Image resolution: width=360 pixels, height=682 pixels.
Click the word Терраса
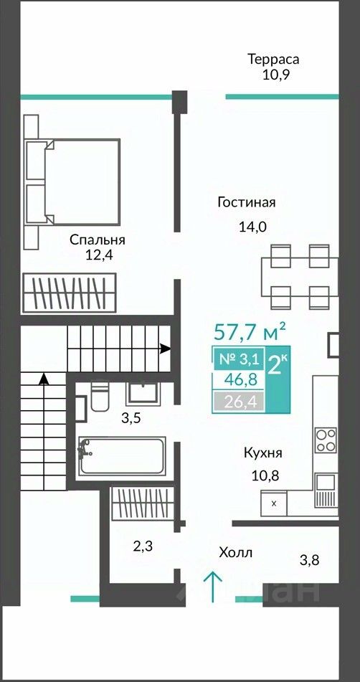(x=273, y=59)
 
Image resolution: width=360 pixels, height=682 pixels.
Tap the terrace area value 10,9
(x=275, y=75)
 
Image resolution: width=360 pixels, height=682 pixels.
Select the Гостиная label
(x=247, y=203)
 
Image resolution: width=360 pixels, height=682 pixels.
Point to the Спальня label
(x=98, y=240)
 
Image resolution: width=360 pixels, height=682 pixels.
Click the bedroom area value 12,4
(x=99, y=255)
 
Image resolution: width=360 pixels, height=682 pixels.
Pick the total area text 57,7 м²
(x=250, y=332)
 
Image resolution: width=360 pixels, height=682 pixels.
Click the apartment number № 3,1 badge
(x=238, y=359)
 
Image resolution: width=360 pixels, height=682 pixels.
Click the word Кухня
(x=263, y=453)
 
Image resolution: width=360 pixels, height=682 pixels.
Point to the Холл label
(x=236, y=553)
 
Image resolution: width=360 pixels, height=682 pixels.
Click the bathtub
(x=121, y=456)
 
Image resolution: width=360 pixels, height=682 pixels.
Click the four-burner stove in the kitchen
(x=326, y=440)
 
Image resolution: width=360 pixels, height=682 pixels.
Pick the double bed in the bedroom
(x=72, y=180)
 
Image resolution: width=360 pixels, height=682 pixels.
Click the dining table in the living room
(x=300, y=277)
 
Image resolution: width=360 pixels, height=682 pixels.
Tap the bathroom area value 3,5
(x=131, y=420)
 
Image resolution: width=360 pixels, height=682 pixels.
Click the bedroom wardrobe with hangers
(x=70, y=293)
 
